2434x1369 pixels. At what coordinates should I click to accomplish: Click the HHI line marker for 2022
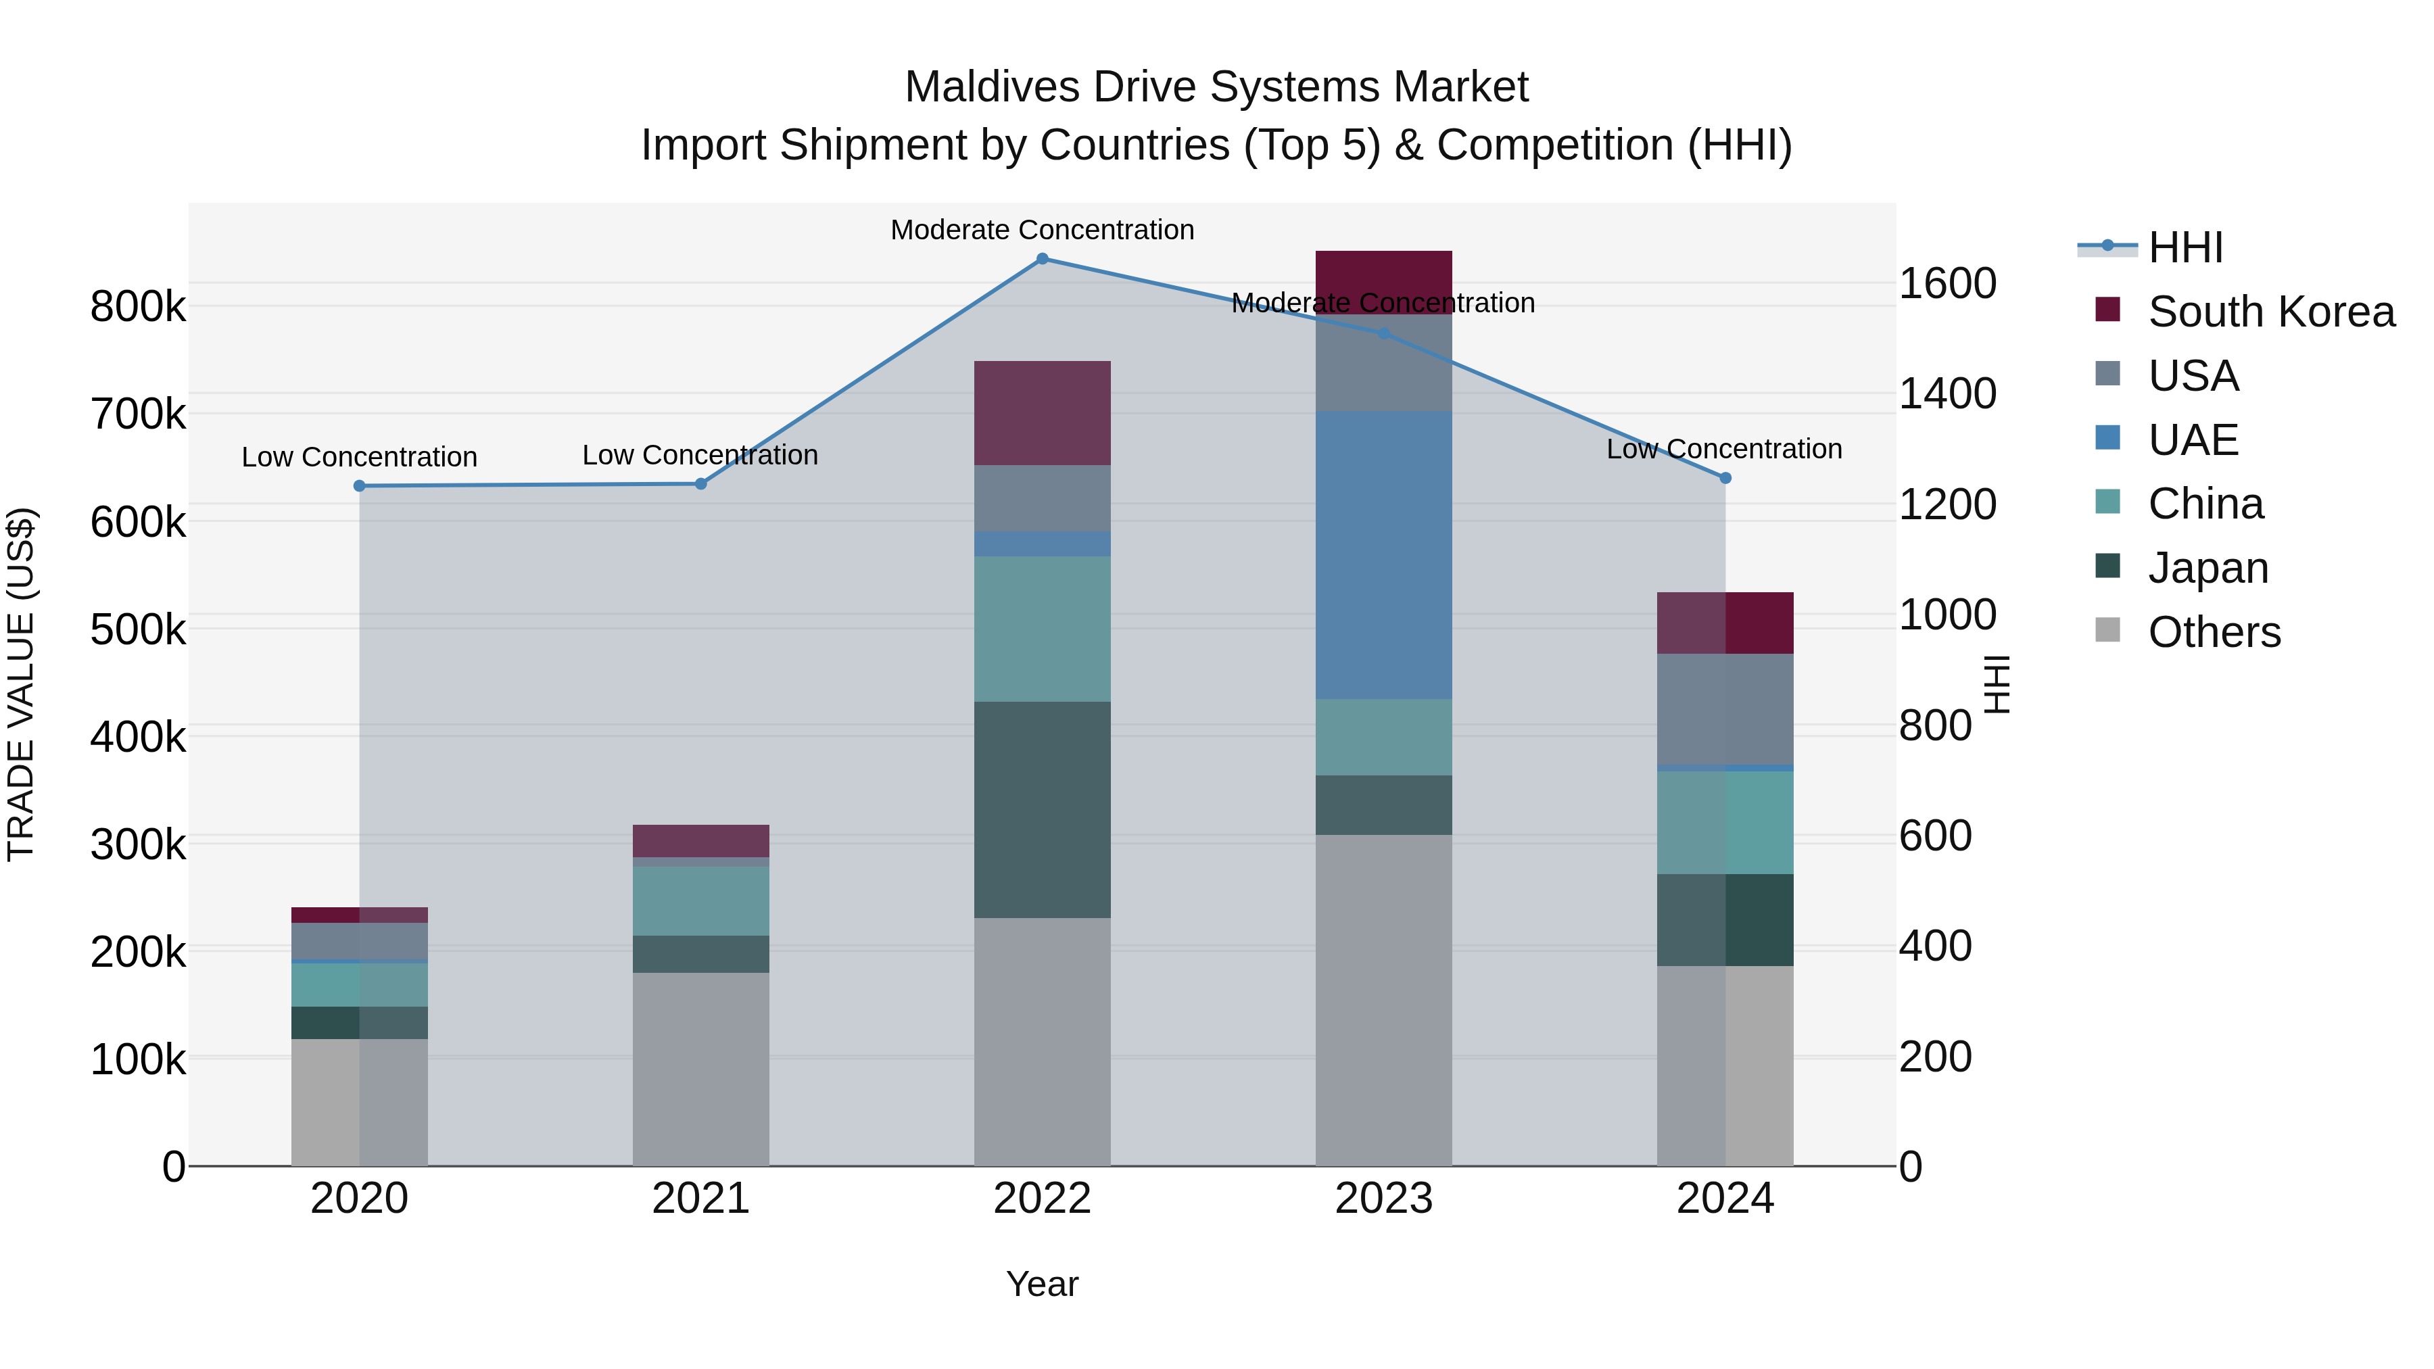point(1042,259)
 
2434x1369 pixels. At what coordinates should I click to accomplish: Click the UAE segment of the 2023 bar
point(1383,556)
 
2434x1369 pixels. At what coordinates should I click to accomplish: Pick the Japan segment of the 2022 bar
point(1042,810)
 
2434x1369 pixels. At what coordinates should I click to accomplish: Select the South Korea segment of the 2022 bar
point(1042,413)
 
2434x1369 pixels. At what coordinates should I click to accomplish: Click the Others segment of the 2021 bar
point(700,1069)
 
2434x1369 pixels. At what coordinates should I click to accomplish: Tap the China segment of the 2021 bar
point(700,901)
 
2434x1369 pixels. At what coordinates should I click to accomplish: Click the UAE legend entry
point(2192,440)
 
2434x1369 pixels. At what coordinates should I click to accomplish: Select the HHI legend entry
point(2185,247)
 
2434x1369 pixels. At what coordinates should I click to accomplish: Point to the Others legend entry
point(2213,632)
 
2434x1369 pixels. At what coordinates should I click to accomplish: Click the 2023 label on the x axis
point(1383,1199)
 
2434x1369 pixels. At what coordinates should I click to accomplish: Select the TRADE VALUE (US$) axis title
point(21,684)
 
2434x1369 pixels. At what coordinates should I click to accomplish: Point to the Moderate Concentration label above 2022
point(1042,230)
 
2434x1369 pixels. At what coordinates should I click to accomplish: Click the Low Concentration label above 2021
point(700,456)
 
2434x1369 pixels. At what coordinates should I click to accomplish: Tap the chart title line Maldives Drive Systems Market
point(1216,87)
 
